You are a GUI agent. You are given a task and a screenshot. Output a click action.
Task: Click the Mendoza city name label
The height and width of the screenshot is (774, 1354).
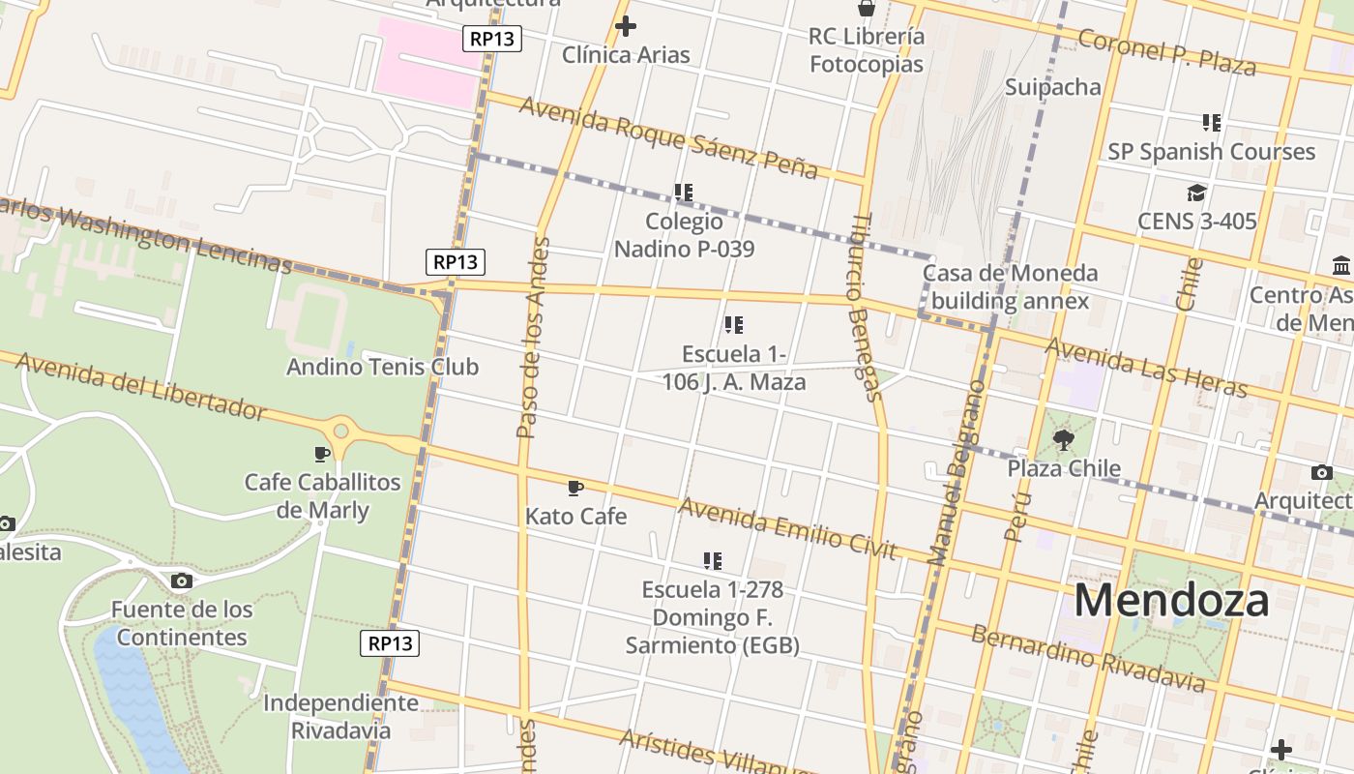pos(1171,600)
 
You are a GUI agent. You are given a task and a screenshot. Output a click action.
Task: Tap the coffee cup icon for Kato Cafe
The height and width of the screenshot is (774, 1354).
pos(575,488)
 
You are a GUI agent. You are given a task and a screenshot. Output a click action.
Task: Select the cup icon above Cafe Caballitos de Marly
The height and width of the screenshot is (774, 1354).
pos(322,454)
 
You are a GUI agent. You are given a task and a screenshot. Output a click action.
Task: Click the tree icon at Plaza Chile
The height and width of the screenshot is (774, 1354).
pos(1064,440)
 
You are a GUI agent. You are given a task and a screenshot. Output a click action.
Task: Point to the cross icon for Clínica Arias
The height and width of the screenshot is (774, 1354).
pos(626,26)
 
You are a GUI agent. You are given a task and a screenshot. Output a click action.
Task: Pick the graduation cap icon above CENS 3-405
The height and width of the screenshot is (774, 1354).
pos(1196,193)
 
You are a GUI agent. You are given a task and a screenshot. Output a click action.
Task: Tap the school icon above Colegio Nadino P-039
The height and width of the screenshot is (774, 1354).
pos(684,193)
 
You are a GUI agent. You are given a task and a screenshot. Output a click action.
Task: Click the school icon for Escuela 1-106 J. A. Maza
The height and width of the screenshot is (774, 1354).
pos(734,325)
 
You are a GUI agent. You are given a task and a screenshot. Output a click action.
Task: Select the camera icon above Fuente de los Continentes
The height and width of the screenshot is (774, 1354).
pos(181,580)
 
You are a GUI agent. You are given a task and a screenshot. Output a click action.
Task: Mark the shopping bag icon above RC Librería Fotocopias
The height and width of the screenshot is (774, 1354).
pos(867,9)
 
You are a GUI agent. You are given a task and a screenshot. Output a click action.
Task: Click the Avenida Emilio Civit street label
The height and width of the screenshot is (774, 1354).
pos(787,528)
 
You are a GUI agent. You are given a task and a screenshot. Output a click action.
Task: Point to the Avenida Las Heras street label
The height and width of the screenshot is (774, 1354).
pos(1146,367)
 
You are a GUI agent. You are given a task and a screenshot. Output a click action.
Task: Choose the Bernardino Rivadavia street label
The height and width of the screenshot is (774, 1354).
pos(1088,660)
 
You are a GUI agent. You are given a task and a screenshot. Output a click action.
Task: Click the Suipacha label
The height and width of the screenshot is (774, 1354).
pos(1052,87)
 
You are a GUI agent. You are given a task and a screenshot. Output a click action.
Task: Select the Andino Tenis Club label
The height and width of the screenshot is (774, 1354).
pos(382,367)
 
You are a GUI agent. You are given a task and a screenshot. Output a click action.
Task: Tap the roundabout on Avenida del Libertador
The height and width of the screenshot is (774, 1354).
pos(340,431)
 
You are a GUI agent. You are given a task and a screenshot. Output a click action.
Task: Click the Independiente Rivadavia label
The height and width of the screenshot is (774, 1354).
pos(340,716)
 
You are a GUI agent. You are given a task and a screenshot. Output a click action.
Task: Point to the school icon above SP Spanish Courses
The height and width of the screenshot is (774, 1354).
pos(1211,123)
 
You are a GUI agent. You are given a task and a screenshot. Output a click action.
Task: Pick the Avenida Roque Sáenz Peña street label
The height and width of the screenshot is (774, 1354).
pos(667,136)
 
